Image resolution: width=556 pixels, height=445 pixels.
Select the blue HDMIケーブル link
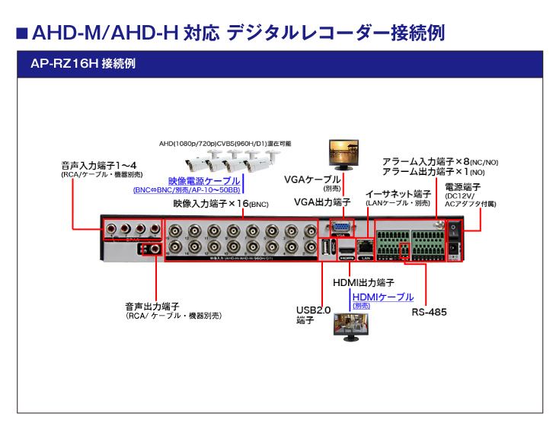point(382,297)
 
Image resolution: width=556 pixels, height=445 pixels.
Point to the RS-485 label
point(429,312)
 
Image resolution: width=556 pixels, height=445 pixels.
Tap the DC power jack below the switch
point(455,248)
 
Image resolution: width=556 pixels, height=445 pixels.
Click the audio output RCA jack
point(157,248)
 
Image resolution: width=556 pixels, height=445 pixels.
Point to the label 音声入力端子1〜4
point(98,165)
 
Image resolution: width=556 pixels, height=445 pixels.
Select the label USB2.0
point(313,310)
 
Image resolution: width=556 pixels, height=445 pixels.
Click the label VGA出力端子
point(322,202)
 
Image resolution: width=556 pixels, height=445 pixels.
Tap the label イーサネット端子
point(398,193)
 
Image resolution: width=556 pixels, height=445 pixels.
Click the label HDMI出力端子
point(363,282)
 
